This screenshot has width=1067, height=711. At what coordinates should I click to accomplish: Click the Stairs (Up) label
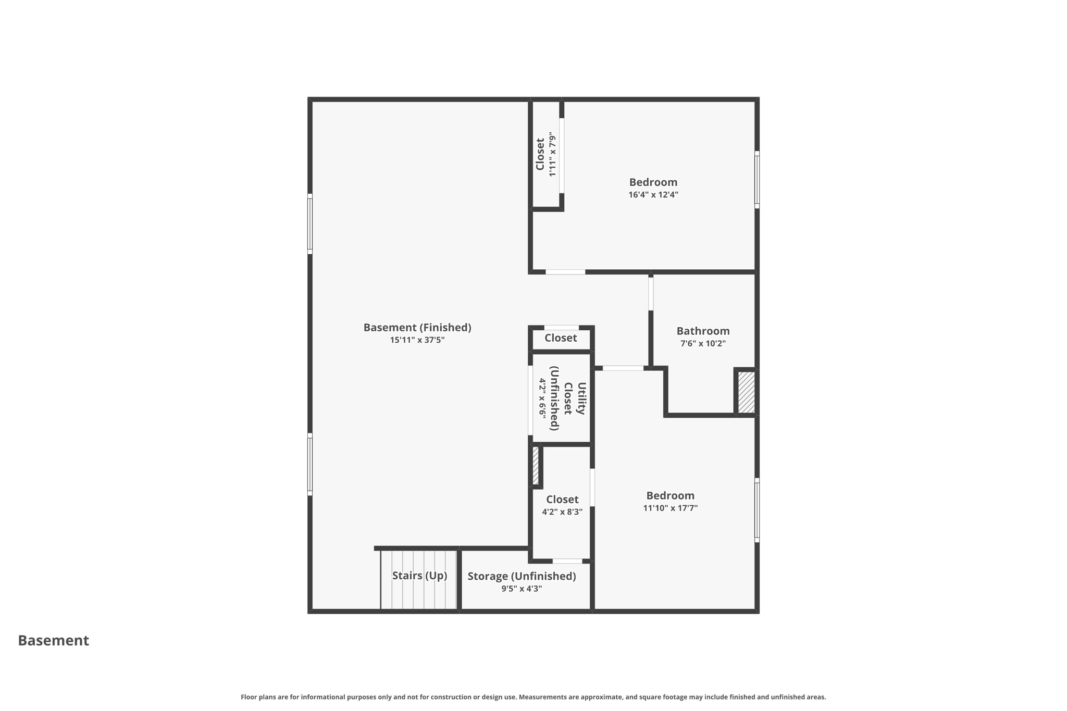(419, 576)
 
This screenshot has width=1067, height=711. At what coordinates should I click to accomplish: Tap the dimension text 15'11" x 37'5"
(417, 340)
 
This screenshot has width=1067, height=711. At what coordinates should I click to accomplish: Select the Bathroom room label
(703, 331)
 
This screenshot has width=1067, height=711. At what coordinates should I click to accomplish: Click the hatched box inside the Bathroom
(746, 392)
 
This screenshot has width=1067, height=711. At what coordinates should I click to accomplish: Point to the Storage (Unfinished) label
(522, 576)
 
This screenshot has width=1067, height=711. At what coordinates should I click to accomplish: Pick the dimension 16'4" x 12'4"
(653, 195)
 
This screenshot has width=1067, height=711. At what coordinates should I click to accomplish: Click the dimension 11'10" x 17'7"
(670, 508)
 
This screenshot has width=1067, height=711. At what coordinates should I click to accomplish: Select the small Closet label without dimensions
(561, 338)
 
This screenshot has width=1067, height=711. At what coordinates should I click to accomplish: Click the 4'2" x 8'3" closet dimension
(562, 512)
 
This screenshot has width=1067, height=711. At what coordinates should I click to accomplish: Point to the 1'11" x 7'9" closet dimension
(553, 154)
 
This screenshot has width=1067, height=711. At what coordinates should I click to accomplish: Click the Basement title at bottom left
(54, 641)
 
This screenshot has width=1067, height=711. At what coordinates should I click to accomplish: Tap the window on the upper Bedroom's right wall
(757, 180)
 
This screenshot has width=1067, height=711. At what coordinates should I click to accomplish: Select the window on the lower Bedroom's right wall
(757, 510)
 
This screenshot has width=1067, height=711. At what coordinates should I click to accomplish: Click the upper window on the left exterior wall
(310, 224)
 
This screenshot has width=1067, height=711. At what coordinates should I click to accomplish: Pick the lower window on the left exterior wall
(310, 464)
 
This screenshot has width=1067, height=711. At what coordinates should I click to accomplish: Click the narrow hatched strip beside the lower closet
(536, 466)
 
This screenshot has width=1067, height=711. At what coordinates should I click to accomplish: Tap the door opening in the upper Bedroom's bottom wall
(565, 272)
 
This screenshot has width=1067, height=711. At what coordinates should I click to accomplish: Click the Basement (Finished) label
(417, 328)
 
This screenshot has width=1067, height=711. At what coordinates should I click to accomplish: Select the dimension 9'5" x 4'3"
(522, 589)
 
